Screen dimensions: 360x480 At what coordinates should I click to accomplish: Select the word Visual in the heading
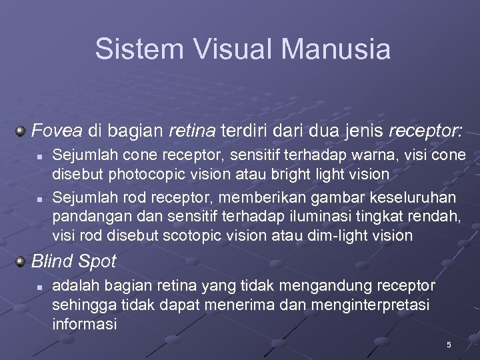tap(220, 49)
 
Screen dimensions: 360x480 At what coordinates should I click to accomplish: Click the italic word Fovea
tap(56, 129)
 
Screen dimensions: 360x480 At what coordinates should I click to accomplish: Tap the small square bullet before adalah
tap(40, 287)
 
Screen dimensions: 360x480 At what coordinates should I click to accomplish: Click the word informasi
tap(84, 325)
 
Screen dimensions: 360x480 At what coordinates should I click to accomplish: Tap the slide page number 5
tap(449, 345)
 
